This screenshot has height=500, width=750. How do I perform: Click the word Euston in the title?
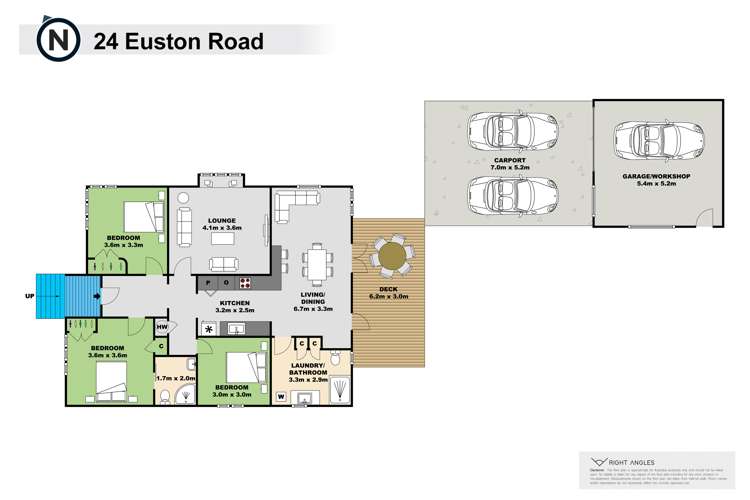(x=164, y=41)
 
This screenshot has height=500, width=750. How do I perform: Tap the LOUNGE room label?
(x=220, y=224)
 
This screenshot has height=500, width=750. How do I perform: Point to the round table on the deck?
(x=390, y=256)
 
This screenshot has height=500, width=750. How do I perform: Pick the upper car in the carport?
(x=513, y=130)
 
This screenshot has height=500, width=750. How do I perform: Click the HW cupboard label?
(x=161, y=327)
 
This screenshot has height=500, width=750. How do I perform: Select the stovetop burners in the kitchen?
(x=244, y=283)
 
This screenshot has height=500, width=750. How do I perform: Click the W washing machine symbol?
(x=281, y=397)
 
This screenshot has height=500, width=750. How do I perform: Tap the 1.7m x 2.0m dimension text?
(x=174, y=377)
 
